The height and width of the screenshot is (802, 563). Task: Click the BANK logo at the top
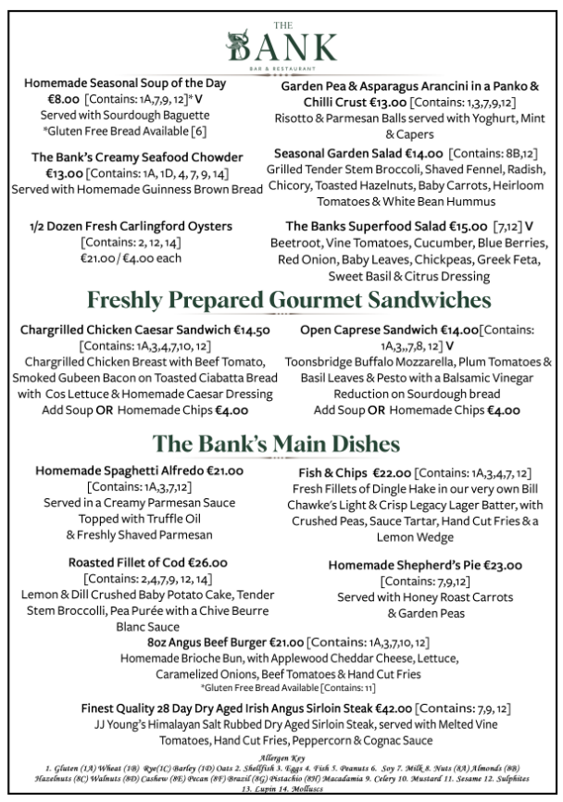(281, 44)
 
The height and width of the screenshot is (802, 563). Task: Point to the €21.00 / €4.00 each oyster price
(131, 258)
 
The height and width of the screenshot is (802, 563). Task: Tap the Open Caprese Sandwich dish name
(380, 330)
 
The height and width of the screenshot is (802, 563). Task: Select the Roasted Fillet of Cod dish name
(127, 562)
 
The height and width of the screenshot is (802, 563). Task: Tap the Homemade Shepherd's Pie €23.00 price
(500, 565)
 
